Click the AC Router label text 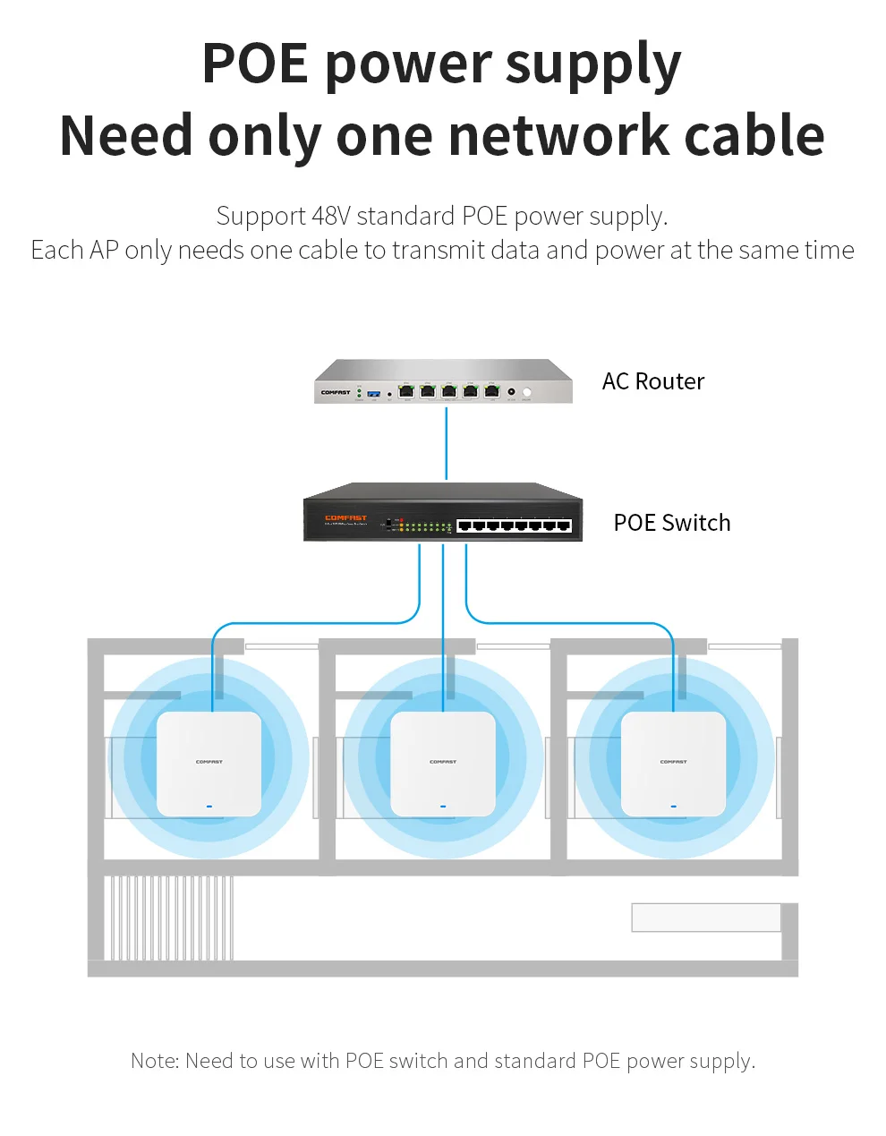[x=652, y=381]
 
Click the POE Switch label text [x=671, y=523]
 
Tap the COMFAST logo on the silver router [x=336, y=392]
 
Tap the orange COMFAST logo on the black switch [x=345, y=517]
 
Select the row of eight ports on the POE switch [x=514, y=525]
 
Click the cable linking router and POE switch [x=446, y=443]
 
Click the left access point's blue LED [x=209, y=806]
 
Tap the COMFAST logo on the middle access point [x=443, y=762]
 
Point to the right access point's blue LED [x=673, y=806]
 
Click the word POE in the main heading [x=255, y=64]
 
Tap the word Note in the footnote [x=154, y=1061]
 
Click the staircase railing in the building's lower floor [x=170, y=918]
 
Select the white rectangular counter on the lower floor [x=705, y=918]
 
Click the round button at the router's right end [x=527, y=392]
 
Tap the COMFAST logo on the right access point [x=673, y=762]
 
